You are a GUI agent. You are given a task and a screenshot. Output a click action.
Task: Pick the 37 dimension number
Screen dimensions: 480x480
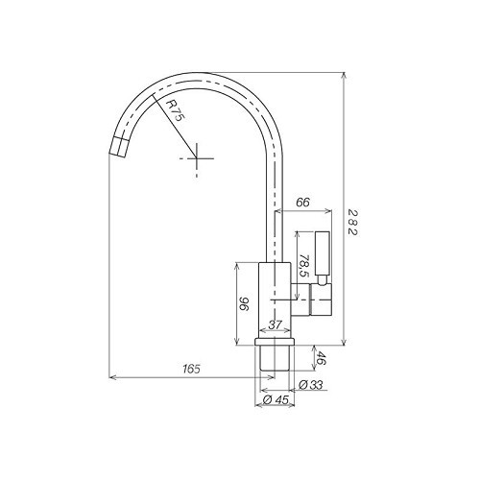[x=275, y=326]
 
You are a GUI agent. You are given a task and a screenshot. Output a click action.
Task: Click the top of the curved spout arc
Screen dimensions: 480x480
[x=197, y=74]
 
